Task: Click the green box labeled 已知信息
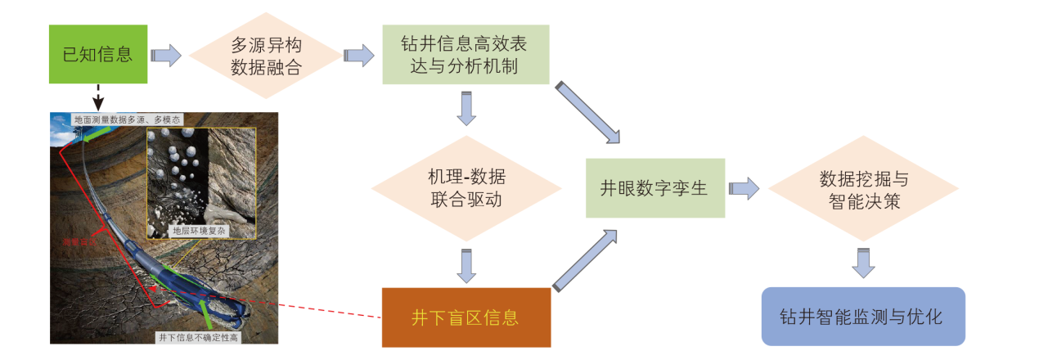point(98,54)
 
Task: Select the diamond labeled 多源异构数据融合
point(266,56)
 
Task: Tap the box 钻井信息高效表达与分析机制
point(465,54)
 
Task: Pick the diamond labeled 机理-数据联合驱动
point(466,187)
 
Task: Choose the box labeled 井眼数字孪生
point(654,187)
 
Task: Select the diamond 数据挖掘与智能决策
point(863,189)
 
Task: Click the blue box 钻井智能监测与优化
point(863,317)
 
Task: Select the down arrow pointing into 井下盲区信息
point(466,265)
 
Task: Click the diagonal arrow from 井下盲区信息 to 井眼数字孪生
point(585,259)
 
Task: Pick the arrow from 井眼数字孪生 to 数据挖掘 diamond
point(744,188)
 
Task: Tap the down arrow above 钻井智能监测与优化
point(863,261)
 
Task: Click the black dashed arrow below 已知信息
point(98,97)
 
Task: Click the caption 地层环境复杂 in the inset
point(200,232)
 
